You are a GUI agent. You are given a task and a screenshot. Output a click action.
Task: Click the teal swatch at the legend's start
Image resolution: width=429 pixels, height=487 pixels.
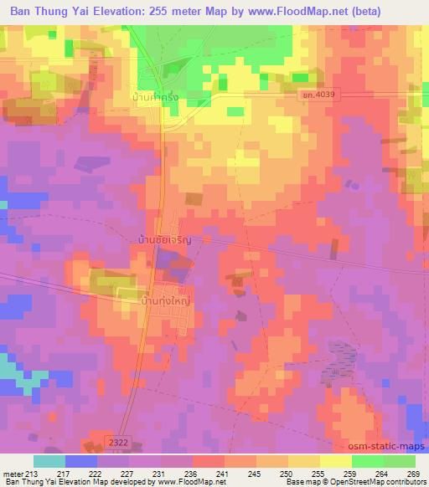tap(49, 461)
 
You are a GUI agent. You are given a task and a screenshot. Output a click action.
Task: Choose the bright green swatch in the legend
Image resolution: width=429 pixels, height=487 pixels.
tap(367, 461)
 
